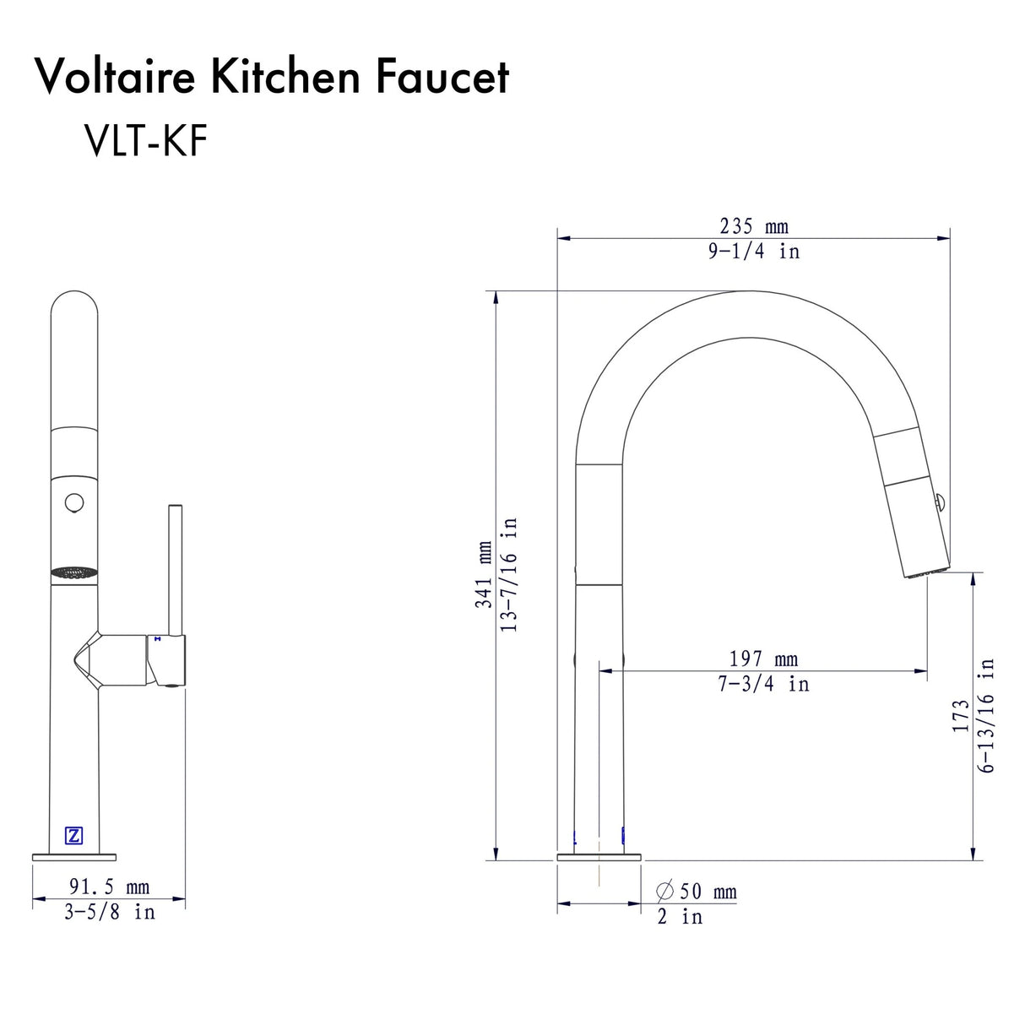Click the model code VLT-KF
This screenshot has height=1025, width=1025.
(x=145, y=140)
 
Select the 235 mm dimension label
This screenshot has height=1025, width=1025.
(x=753, y=226)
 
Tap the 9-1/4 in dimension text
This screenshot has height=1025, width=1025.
(x=753, y=251)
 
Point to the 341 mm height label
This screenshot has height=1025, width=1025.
(x=484, y=575)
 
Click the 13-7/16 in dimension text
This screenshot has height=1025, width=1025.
(x=508, y=575)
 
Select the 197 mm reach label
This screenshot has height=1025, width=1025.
(x=763, y=659)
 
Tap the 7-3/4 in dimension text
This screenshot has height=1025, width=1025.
(x=763, y=683)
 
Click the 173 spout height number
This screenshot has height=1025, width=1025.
(x=961, y=716)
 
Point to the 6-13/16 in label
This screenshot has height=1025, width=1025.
(x=986, y=716)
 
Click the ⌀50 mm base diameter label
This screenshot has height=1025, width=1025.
(x=697, y=892)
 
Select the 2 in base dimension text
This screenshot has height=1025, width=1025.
(x=680, y=916)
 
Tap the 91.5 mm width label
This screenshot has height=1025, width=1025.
(x=109, y=887)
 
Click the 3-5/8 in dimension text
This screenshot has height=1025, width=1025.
(x=109, y=912)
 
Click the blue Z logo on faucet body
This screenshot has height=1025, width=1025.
(x=74, y=836)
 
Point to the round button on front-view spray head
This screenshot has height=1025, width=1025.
(x=74, y=503)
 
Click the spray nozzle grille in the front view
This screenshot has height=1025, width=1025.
(x=74, y=572)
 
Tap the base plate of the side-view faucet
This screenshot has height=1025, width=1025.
(x=599, y=857)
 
